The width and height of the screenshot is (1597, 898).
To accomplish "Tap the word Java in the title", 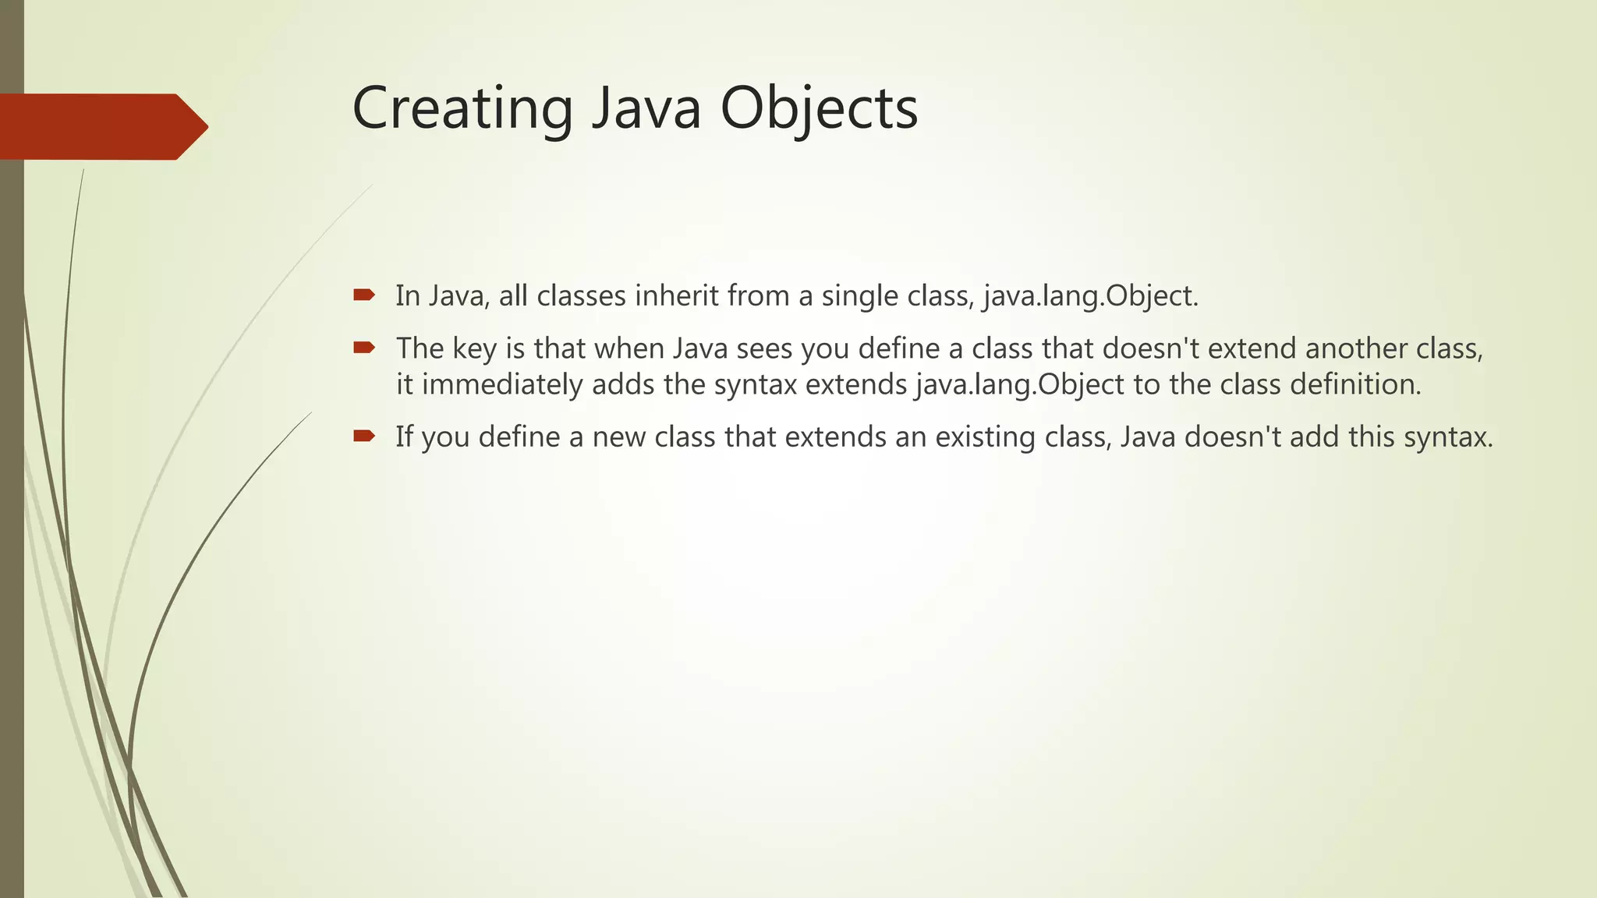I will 646,109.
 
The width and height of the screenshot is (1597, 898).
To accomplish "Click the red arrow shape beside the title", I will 101,126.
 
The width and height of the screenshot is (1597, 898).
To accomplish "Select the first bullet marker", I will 363,295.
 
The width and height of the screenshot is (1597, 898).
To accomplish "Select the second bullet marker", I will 363,347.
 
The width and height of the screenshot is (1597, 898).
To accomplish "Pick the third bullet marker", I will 363,435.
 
